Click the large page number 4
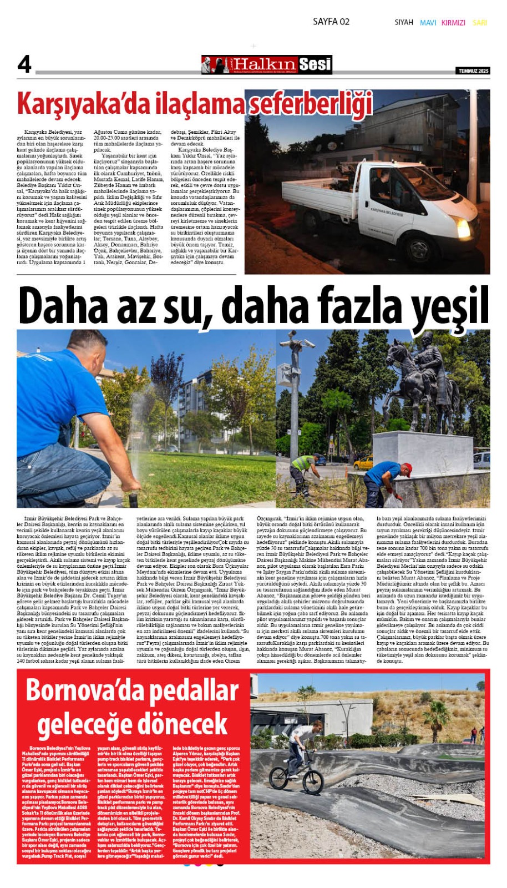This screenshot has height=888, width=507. (24, 64)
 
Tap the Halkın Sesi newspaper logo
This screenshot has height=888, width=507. (267, 65)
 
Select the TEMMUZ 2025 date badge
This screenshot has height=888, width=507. (473, 71)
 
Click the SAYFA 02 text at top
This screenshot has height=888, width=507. (331, 22)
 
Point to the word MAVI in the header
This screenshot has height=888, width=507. (428, 23)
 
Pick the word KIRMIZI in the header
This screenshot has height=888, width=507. (453, 23)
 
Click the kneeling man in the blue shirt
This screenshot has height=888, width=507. (67, 422)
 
